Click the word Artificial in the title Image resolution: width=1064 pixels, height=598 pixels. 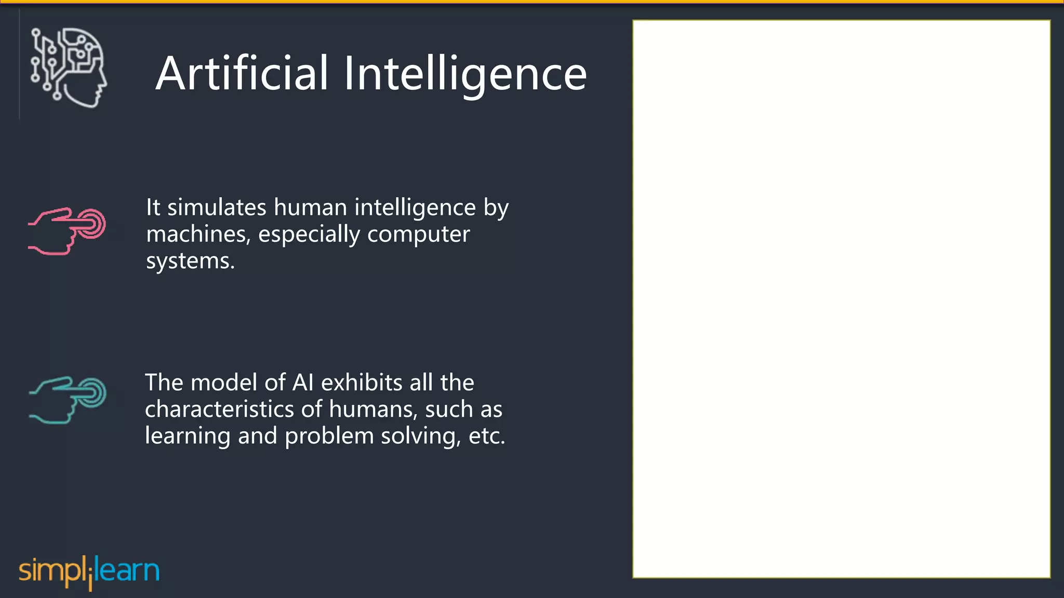(242, 74)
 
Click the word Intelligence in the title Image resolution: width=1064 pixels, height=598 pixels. (465, 74)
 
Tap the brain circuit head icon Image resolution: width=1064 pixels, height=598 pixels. (69, 67)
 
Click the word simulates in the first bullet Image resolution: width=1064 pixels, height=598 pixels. (217, 208)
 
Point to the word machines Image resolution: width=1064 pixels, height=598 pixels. (198, 235)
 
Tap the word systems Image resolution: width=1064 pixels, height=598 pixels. (190, 261)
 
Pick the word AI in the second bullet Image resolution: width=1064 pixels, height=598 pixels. (303, 383)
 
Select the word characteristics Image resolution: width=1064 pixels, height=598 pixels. (220, 410)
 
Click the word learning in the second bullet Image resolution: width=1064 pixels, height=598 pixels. (187, 436)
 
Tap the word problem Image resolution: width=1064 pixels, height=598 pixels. (329, 436)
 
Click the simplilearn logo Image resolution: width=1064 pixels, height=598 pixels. (89, 572)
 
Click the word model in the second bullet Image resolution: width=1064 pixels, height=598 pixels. (224, 383)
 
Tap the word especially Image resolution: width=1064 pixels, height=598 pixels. (309, 235)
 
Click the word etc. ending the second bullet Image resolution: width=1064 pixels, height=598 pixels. (486, 436)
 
